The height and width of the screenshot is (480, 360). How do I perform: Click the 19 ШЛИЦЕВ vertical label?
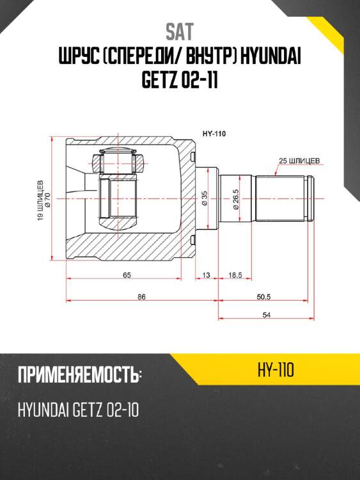(x=40, y=200)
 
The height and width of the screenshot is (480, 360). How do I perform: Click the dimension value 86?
(x=141, y=296)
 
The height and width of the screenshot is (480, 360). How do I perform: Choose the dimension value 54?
(x=267, y=314)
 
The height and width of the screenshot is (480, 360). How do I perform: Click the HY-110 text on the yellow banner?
(x=276, y=371)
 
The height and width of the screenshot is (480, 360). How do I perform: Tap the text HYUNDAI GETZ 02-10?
(x=79, y=410)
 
